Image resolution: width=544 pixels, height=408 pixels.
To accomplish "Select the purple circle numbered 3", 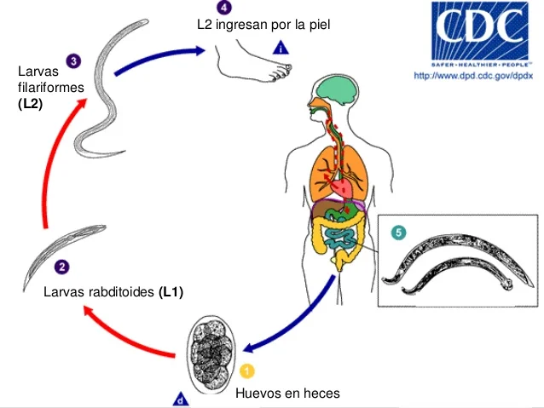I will [73, 60].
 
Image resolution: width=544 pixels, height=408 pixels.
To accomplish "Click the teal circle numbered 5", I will [398, 232].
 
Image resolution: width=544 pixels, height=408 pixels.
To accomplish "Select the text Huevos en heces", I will [287, 393].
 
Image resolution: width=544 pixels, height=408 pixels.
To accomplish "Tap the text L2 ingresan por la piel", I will [263, 25].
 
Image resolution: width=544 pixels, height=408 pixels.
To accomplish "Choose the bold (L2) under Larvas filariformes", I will [30, 104].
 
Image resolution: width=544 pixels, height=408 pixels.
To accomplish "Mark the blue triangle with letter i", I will [281, 48].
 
